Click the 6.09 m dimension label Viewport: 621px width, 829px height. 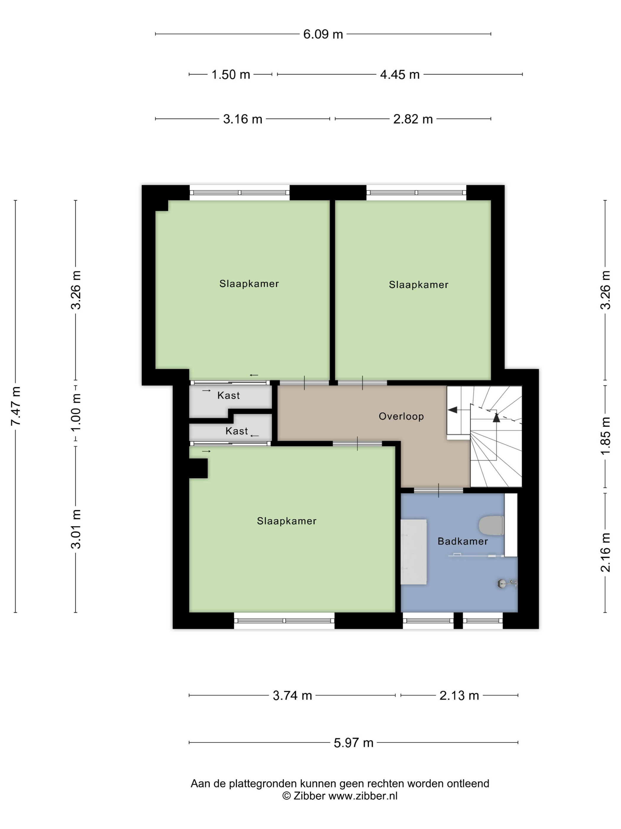tap(323, 34)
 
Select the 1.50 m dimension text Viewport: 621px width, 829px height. tap(231, 75)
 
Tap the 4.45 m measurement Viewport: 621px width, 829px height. tap(400, 75)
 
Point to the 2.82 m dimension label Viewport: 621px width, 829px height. tap(413, 119)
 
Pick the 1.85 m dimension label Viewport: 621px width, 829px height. tap(605, 436)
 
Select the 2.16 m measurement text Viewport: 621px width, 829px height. tap(605, 552)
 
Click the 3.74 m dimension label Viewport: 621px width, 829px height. tap(292, 695)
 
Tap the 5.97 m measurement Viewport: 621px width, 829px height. tap(353, 743)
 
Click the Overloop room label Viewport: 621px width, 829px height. tap(401, 416)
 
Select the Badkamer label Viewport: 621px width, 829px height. tap(463, 541)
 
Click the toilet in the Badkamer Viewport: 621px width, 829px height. tap(491, 526)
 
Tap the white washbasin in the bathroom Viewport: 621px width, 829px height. tap(413, 552)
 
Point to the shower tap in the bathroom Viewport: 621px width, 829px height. tap(507, 583)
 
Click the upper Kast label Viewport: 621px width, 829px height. tap(228, 395)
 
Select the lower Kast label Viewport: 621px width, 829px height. tap(237, 431)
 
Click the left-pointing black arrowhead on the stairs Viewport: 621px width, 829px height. tap(452, 410)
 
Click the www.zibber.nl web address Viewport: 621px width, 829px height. tap(363, 796)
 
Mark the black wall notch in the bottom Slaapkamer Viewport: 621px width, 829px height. tap(198, 468)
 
